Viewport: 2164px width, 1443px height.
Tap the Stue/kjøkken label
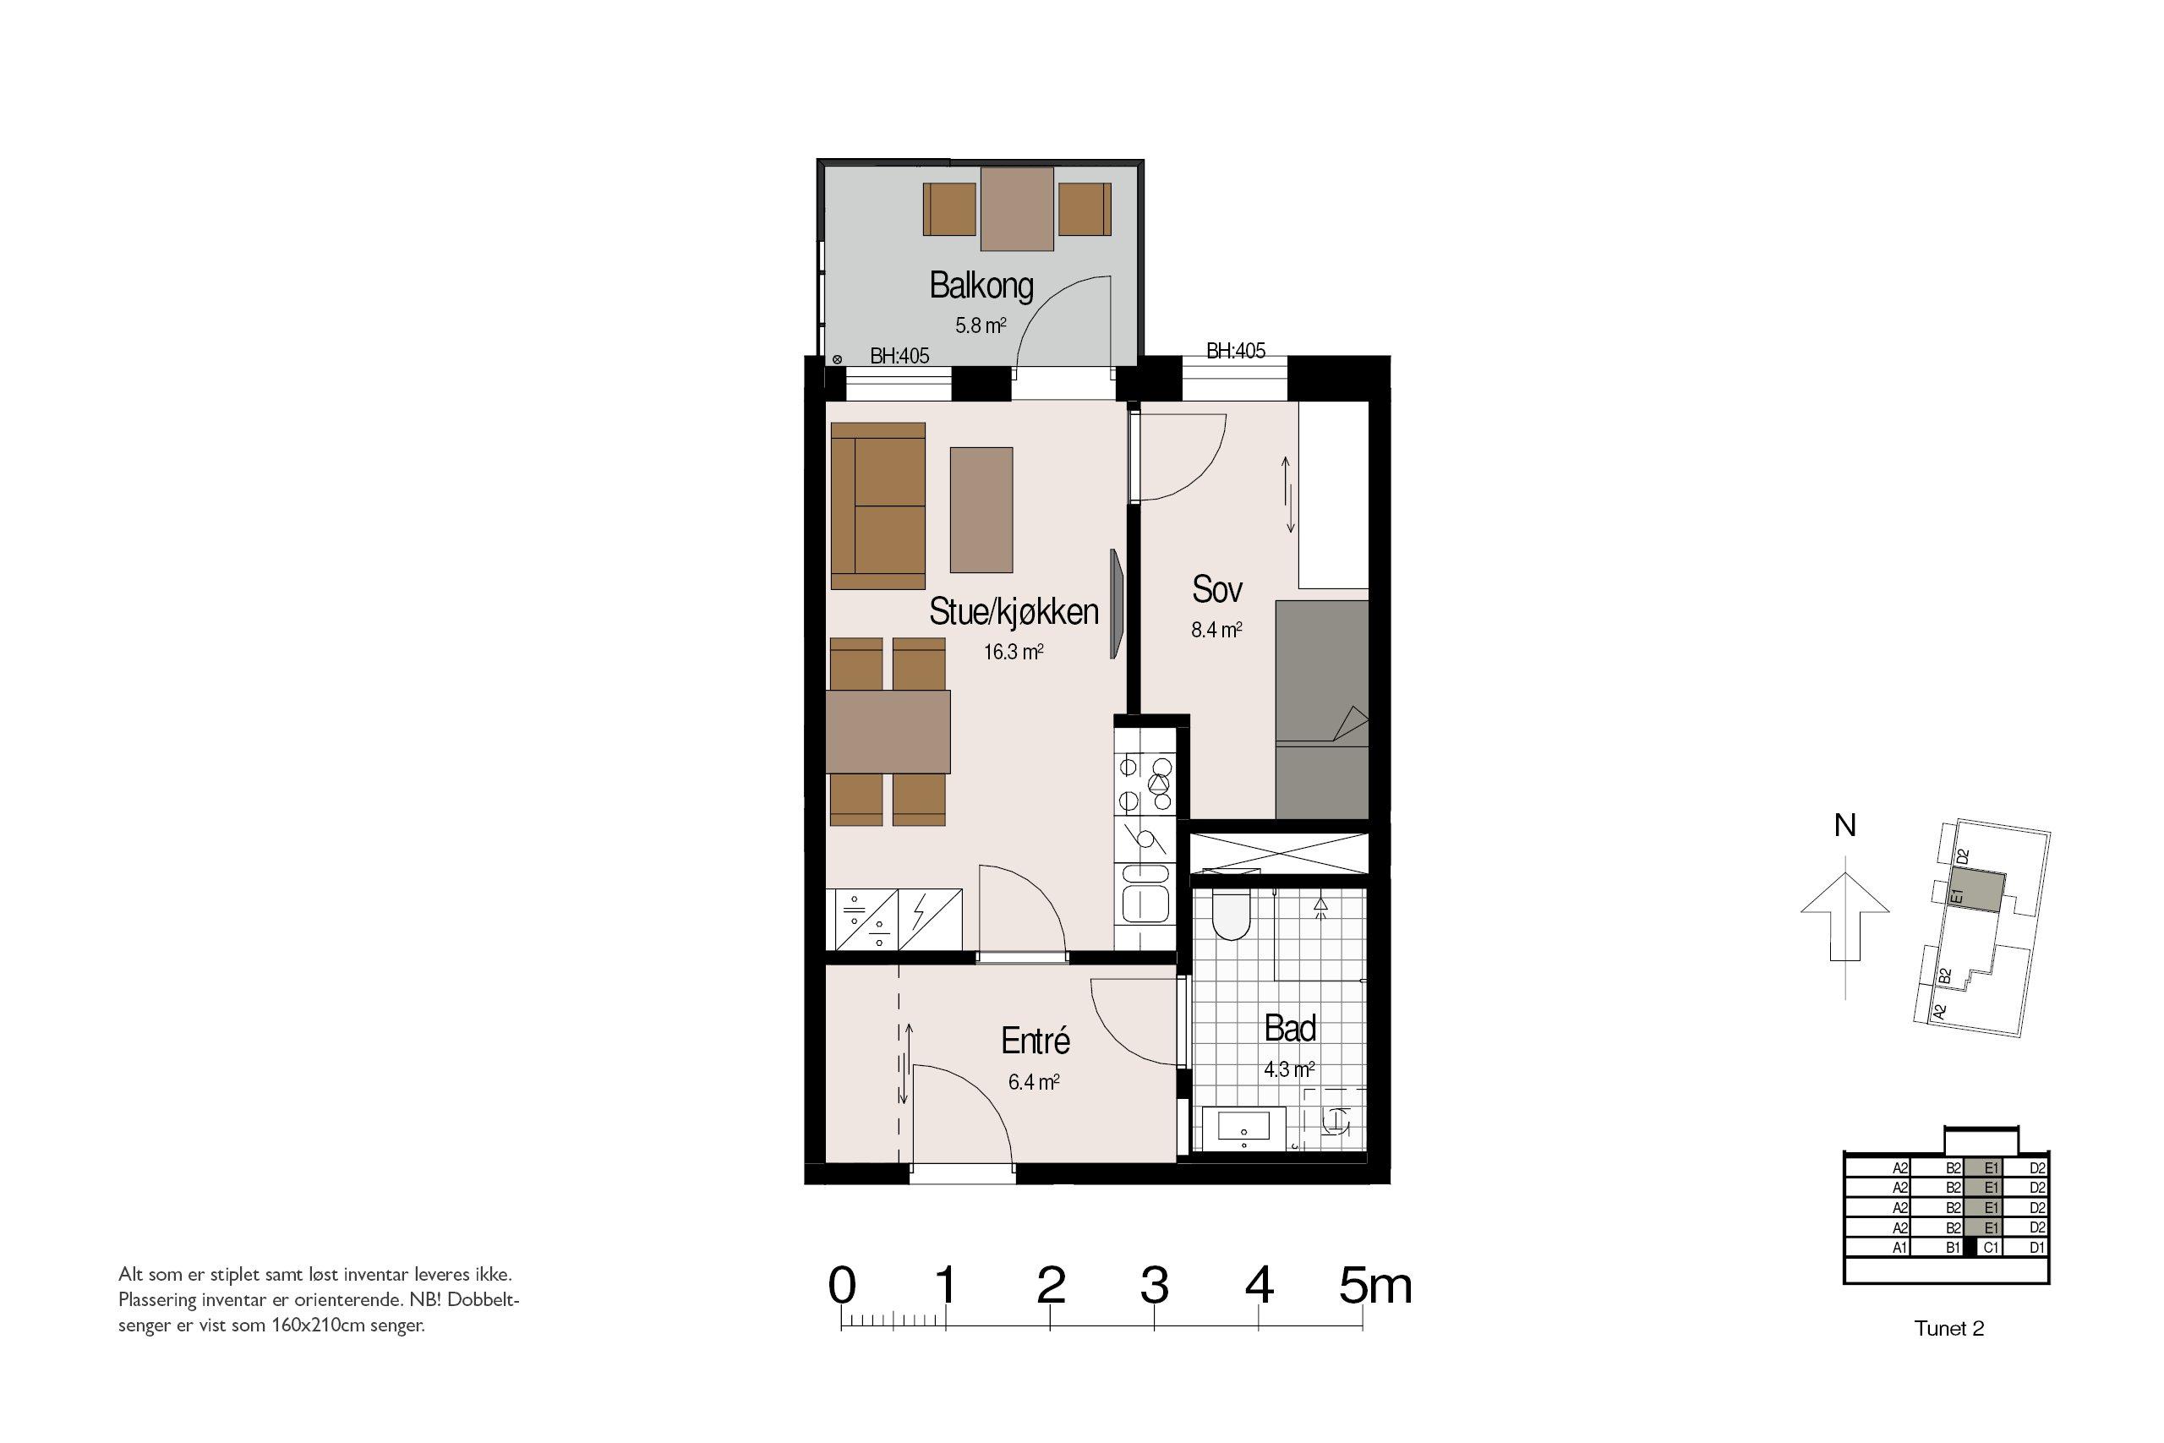(x=1014, y=611)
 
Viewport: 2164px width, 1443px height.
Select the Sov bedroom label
(x=1217, y=589)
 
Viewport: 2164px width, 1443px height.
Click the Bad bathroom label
(x=1290, y=1028)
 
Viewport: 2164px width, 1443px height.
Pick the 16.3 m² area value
(x=1013, y=653)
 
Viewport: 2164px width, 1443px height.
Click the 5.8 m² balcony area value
(x=981, y=325)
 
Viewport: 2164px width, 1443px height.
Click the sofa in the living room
(x=877, y=506)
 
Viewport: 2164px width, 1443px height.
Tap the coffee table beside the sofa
(x=981, y=510)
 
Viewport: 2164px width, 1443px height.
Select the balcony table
(x=1018, y=209)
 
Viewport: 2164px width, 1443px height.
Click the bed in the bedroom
(x=1322, y=709)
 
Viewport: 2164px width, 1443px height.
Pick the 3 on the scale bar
(x=1155, y=1286)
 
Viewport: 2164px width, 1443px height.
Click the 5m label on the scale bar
(x=1375, y=1286)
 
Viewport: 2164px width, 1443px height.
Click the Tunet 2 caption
(x=1948, y=1329)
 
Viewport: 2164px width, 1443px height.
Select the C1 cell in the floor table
(x=1990, y=1248)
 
